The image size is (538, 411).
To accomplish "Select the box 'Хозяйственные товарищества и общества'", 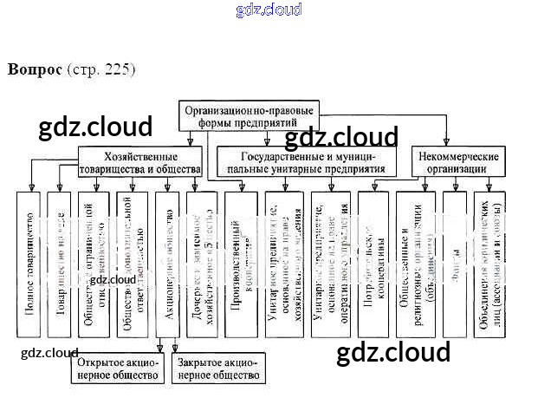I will pyautogui.click(x=139, y=162).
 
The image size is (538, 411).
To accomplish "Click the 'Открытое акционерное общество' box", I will pyautogui.click(x=117, y=369).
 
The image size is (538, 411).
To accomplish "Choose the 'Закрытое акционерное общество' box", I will pyautogui.click(x=217, y=369).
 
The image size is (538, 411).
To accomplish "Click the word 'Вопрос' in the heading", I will pyautogui.click(x=34, y=68).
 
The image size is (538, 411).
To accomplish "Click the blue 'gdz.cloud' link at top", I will pyautogui.click(x=269, y=10).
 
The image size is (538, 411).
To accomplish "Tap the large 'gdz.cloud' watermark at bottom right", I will pyautogui.click(x=393, y=352).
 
